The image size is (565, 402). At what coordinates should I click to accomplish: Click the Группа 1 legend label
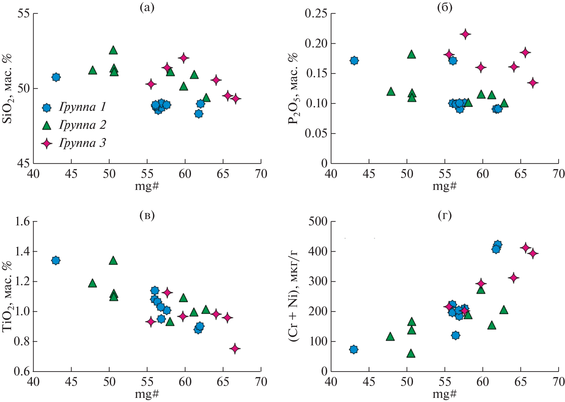(x=82, y=107)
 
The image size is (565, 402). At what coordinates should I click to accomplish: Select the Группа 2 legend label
(x=82, y=125)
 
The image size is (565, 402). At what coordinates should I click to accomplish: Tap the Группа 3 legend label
(x=82, y=143)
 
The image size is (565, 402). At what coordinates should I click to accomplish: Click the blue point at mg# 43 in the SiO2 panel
(x=56, y=77)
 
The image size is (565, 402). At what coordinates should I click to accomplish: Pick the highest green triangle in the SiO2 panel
(x=113, y=50)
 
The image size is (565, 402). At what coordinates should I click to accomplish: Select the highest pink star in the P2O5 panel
(x=465, y=34)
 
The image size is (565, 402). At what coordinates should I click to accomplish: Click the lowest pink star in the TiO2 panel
(x=235, y=349)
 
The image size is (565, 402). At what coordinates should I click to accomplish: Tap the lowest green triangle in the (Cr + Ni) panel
(x=411, y=353)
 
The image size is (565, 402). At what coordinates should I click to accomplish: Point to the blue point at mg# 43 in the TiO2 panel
(x=56, y=261)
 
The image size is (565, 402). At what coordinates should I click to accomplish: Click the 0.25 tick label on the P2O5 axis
(x=316, y=14)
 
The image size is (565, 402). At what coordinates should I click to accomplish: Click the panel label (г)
(x=445, y=216)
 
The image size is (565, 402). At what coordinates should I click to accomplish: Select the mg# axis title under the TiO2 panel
(x=147, y=394)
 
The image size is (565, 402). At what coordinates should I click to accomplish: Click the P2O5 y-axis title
(x=293, y=89)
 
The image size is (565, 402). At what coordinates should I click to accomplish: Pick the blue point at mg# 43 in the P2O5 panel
(x=354, y=60)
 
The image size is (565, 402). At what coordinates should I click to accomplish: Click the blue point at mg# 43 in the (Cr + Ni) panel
(x=354, y=349)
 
